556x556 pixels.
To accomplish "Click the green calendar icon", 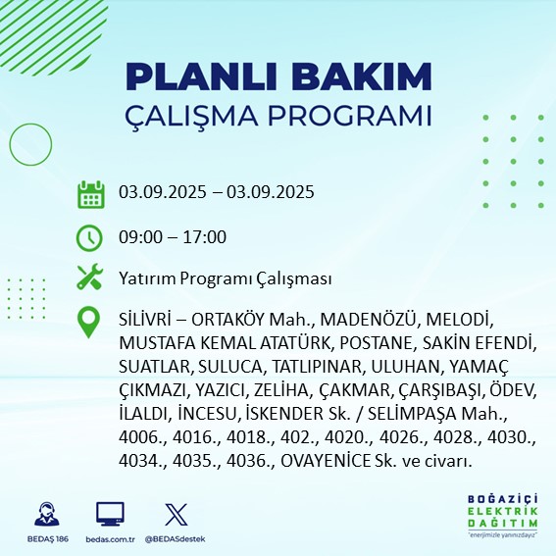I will tap(90, 193).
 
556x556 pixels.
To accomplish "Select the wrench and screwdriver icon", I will tap(90, 278).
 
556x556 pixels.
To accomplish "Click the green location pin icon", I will tap(90, 323).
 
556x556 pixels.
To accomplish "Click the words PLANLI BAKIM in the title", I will tap(278, 76).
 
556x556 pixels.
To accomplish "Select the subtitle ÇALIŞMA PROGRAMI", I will tap(278, 115).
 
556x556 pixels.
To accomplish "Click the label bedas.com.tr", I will tap(110, 539).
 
